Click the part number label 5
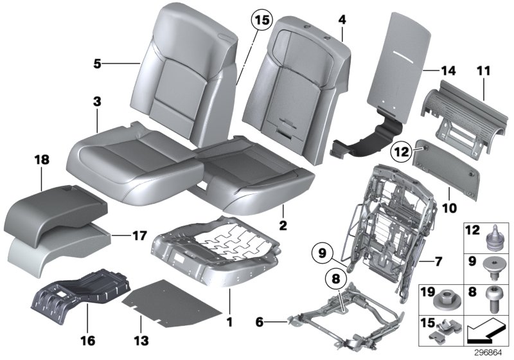pyautogui.click(x=97, y=63)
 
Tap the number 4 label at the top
pyautogui.click(x=342, y=20)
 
